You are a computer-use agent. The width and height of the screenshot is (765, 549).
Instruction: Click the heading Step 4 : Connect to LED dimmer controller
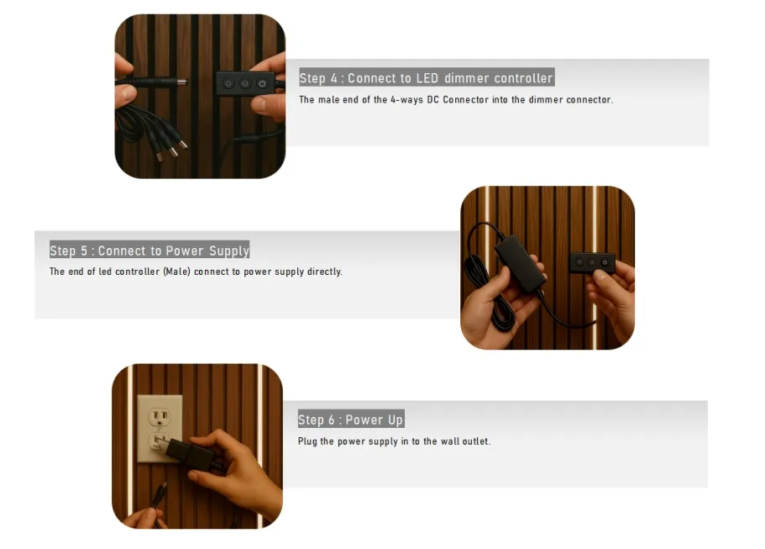(x=427, y=77)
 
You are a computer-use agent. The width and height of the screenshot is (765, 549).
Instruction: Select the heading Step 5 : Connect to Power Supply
(x=149, y=251)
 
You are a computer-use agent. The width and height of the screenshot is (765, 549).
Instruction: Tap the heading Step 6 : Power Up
(x=351, y=420)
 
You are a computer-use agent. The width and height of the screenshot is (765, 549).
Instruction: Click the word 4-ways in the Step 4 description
(x=406, y=100)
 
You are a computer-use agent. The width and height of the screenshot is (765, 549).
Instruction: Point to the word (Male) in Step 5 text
(x=176, y=272)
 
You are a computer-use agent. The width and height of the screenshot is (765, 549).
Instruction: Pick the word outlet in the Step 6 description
(x=476, y=441)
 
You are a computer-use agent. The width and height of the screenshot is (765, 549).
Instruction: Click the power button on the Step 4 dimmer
(x=263, y=83)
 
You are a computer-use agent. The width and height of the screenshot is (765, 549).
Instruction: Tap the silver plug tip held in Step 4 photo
(x=182, y=81)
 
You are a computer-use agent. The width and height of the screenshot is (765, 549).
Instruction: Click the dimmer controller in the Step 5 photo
(x=592, y=262)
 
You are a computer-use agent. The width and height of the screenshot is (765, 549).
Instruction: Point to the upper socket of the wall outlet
(x=160, y=417)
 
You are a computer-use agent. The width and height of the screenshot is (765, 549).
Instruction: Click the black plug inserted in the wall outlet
(x=189, y=453)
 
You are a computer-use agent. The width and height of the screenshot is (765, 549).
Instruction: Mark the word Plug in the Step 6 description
(x=307, y=441)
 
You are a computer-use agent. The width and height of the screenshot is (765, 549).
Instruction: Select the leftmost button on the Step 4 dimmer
(x=228, y=83)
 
